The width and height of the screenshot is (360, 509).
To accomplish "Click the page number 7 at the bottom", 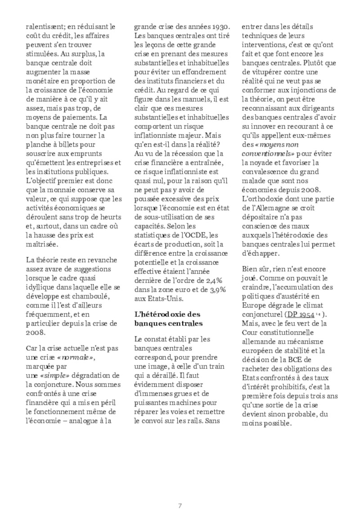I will coord(180,493).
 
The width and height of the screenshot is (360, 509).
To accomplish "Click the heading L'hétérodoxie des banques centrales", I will coord(167,318).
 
